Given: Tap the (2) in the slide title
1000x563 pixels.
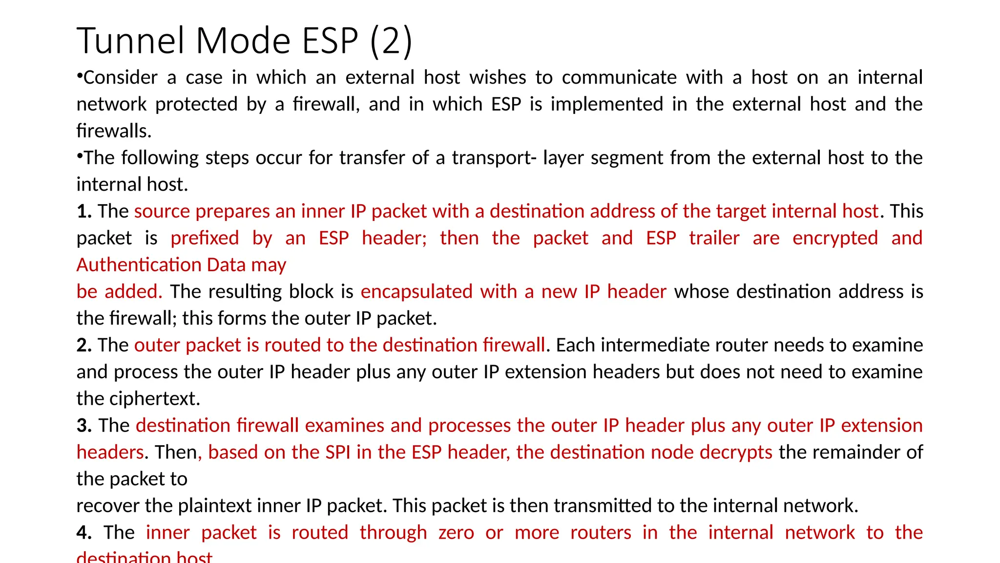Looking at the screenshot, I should (x=391, y=41).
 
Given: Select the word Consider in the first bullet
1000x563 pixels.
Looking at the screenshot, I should (x=120, y=78).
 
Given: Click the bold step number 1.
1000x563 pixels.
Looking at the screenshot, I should (x=84, y=212).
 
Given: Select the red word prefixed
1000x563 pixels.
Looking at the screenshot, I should (x=205, y=238).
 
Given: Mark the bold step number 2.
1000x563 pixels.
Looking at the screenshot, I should (x=84, y=346).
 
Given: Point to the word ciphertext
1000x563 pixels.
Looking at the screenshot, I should (x=155, y=399).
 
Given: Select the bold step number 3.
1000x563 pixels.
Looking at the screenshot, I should (x=84, y=426).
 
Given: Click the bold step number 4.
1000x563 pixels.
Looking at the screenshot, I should (x=84, y=533).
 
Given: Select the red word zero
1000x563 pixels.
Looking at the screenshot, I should (x=456, y=533).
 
